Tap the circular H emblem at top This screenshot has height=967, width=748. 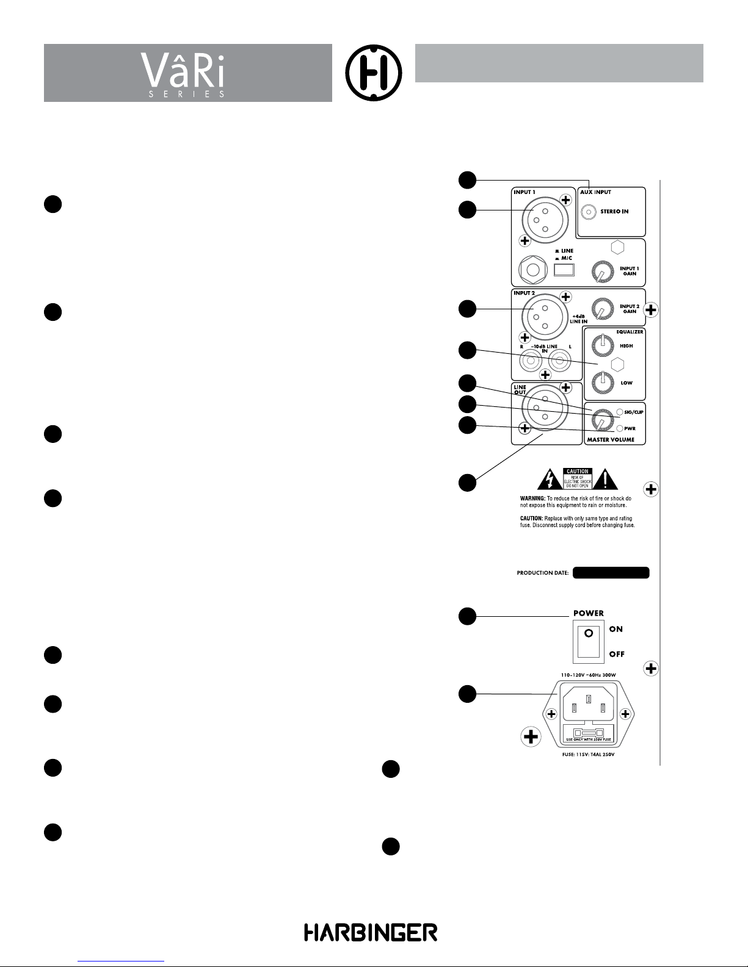coord(373,73)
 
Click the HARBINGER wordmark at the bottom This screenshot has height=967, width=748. coord(371,932)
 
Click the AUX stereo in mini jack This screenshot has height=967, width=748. coord(589,212)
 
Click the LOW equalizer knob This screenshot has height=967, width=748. coord(602,382)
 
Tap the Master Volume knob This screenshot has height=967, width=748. coord(601,420)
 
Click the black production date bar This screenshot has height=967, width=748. coord(611,573)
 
